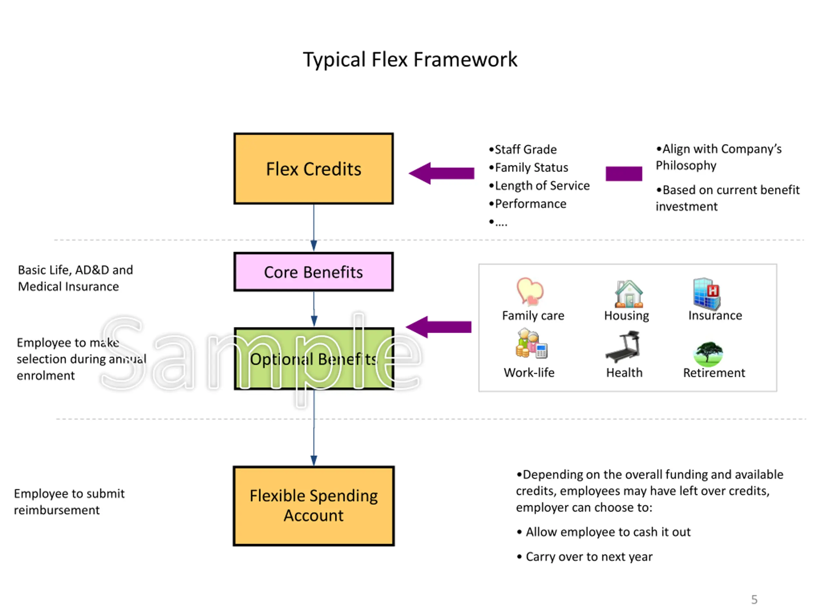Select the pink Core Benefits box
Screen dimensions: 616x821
click(313, 272)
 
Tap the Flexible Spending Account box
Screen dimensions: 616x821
click(313, 506)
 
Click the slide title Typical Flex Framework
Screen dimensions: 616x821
click(410, 59)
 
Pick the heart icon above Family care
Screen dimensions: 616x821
click(530, 291)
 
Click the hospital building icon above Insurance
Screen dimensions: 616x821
click(706, 293)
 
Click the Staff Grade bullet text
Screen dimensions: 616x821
click(525, 149)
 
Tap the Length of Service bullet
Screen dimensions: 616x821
click(542, 185)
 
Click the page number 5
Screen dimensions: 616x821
click(754, 599)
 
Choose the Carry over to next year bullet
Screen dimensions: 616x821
click(589, 557)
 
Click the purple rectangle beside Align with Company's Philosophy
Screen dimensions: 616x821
click(623, 173)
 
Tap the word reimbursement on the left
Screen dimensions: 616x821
click(57, 510)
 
